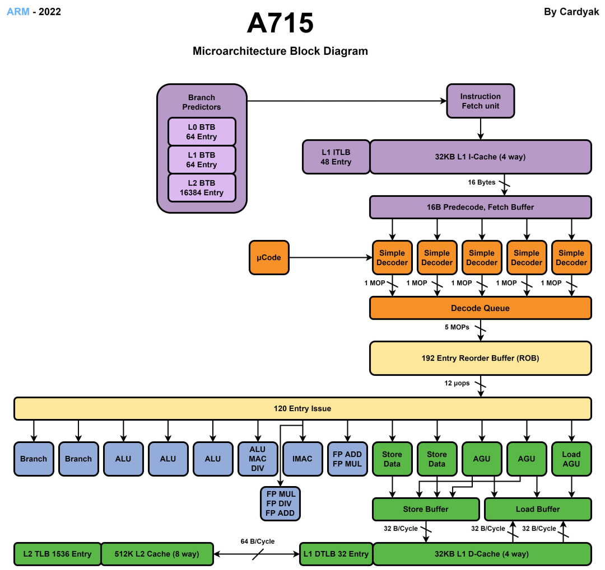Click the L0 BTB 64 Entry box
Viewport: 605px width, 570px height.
(202, 132)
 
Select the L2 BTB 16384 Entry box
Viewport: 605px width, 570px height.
(202, 188)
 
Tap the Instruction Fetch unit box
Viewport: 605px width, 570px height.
(481, 101)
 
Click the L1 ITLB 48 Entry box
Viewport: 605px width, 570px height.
(336, 157)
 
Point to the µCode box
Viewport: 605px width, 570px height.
(269, 257)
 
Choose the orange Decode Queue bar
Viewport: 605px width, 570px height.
(481, 308)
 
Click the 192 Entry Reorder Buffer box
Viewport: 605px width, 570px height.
(481, 358)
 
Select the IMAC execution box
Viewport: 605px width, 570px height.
(302, 459)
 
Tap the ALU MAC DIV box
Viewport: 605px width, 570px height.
(258, 459)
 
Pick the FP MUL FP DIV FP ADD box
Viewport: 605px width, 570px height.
(280, 503)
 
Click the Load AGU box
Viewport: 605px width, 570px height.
(571, 459)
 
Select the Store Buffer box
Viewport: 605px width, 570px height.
(426, 509)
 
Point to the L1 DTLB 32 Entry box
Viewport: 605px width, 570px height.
(336, 554)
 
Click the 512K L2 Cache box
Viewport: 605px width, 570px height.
(157, 554)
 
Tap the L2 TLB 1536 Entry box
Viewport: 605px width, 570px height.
(58, 554)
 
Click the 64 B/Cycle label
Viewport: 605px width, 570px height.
(258, 541)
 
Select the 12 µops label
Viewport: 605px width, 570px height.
(457, 383)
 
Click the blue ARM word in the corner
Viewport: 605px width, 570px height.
(18, 12)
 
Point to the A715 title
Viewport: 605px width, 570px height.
(280, 23)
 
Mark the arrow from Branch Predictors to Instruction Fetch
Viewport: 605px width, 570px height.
(347, 101)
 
